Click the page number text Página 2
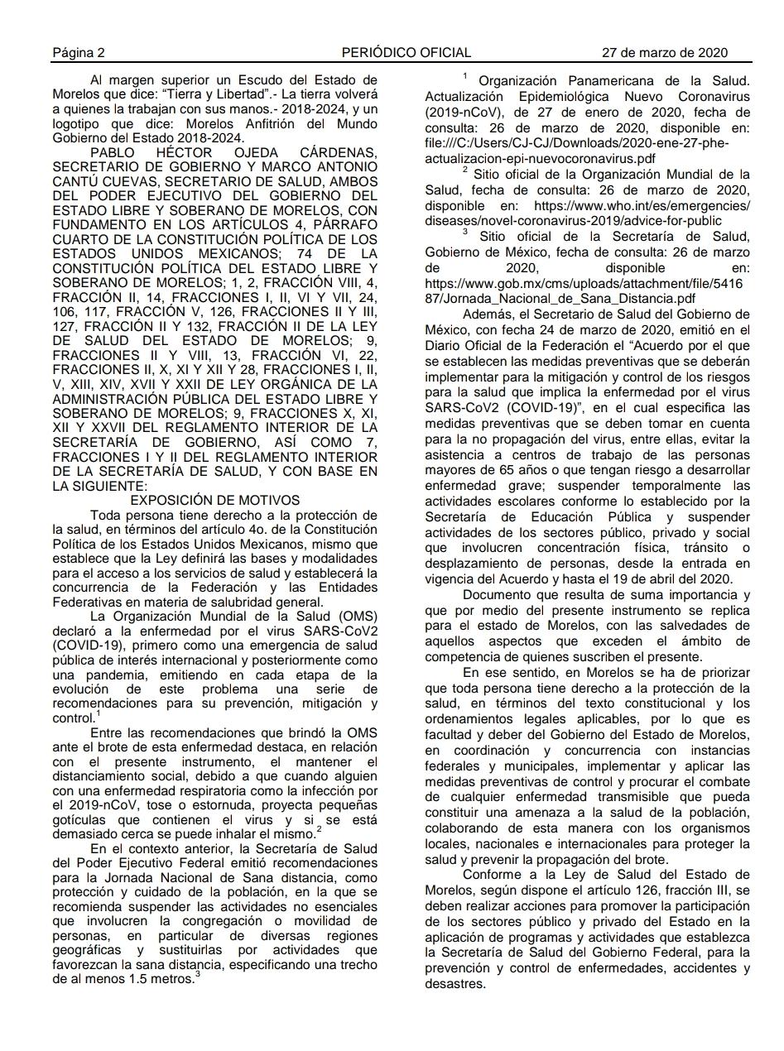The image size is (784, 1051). coord(79,53)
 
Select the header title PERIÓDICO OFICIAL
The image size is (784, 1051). coord(406,53)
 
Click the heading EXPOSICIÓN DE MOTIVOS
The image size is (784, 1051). coord(215,501)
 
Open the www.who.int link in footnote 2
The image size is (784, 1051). coord(641,205)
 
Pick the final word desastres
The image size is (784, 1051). coord(454,985)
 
